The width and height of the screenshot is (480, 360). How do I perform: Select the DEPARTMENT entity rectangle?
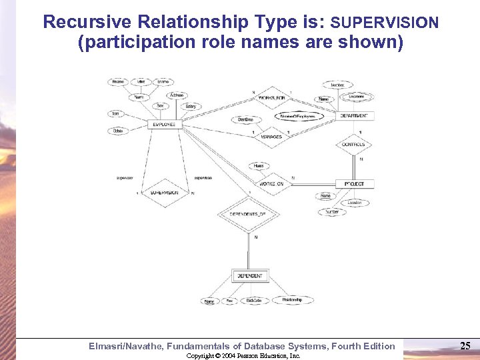(357, 116)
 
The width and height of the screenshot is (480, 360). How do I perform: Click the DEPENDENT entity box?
(249, 275)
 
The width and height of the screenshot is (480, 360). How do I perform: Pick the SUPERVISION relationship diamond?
(164, 193)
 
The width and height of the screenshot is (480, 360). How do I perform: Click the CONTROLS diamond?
(353, 145)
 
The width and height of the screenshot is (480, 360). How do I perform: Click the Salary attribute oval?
(191, 107)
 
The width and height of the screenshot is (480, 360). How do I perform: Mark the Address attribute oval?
(177, 95)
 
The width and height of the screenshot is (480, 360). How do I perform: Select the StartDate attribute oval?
(245, 120)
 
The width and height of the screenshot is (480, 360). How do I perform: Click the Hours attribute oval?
(259, 166)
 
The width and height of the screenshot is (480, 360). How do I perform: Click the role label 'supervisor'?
(125, 178)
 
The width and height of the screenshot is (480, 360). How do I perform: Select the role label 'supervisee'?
(203, 178)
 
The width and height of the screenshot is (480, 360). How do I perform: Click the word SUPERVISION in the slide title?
(385, 23)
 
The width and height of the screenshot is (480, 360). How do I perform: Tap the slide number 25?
(465, 345)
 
